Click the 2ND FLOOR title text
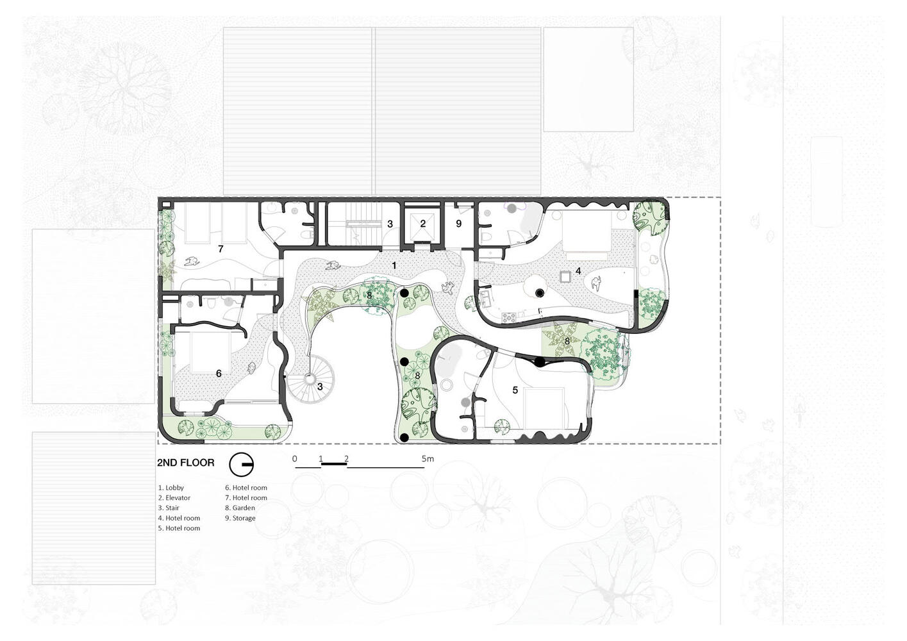click(185, 463)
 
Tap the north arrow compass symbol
click(241, 464)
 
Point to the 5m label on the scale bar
click(428, 459)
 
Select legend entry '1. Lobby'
click(171, 488)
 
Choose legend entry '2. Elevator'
click(174, 497)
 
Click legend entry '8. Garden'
click(240, 508)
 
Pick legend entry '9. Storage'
click(240, 518)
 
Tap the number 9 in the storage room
click(459, 224)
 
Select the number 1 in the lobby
click(394, 265)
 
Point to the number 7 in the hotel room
click(221, 249)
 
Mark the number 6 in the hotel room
click(219, 373)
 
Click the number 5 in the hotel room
click(515, 390)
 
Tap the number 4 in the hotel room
click(578, 271)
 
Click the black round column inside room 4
click(539, 292)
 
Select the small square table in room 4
click(565, 276)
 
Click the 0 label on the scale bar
click(294, 459)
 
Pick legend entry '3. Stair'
click(169, 508)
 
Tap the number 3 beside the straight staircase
click(390, 224)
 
